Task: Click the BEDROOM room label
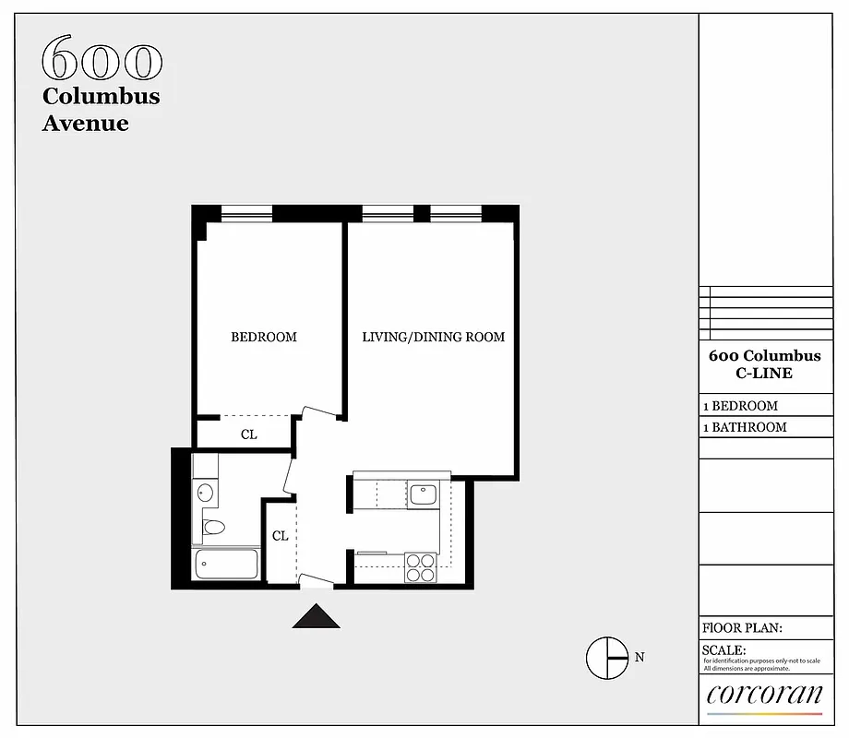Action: [x=264, y=337]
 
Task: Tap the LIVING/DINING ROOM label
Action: [x=433, y=337]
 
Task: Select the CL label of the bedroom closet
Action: [x=248, y=434]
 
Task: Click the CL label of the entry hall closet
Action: [x=280, y=535]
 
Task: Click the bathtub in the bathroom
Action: [x=226, y=564]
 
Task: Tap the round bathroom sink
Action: [x=205, y=493]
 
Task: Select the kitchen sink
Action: [x=424, y=494]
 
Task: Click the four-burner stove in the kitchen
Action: [x=420, y=566]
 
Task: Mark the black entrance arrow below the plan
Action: [x=316, y=616]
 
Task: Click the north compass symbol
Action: [x=606, y=658]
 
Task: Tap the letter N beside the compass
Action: [x=640, y=658]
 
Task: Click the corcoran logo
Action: [x=763, y=696]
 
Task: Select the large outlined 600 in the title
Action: [x=102, y=60]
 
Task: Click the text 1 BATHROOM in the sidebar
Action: [x=745, y=427]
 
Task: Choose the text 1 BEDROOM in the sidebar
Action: [x=740, y=406]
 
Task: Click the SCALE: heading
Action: [x=724, y=650]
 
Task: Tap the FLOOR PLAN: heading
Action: [x=742, y=628]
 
